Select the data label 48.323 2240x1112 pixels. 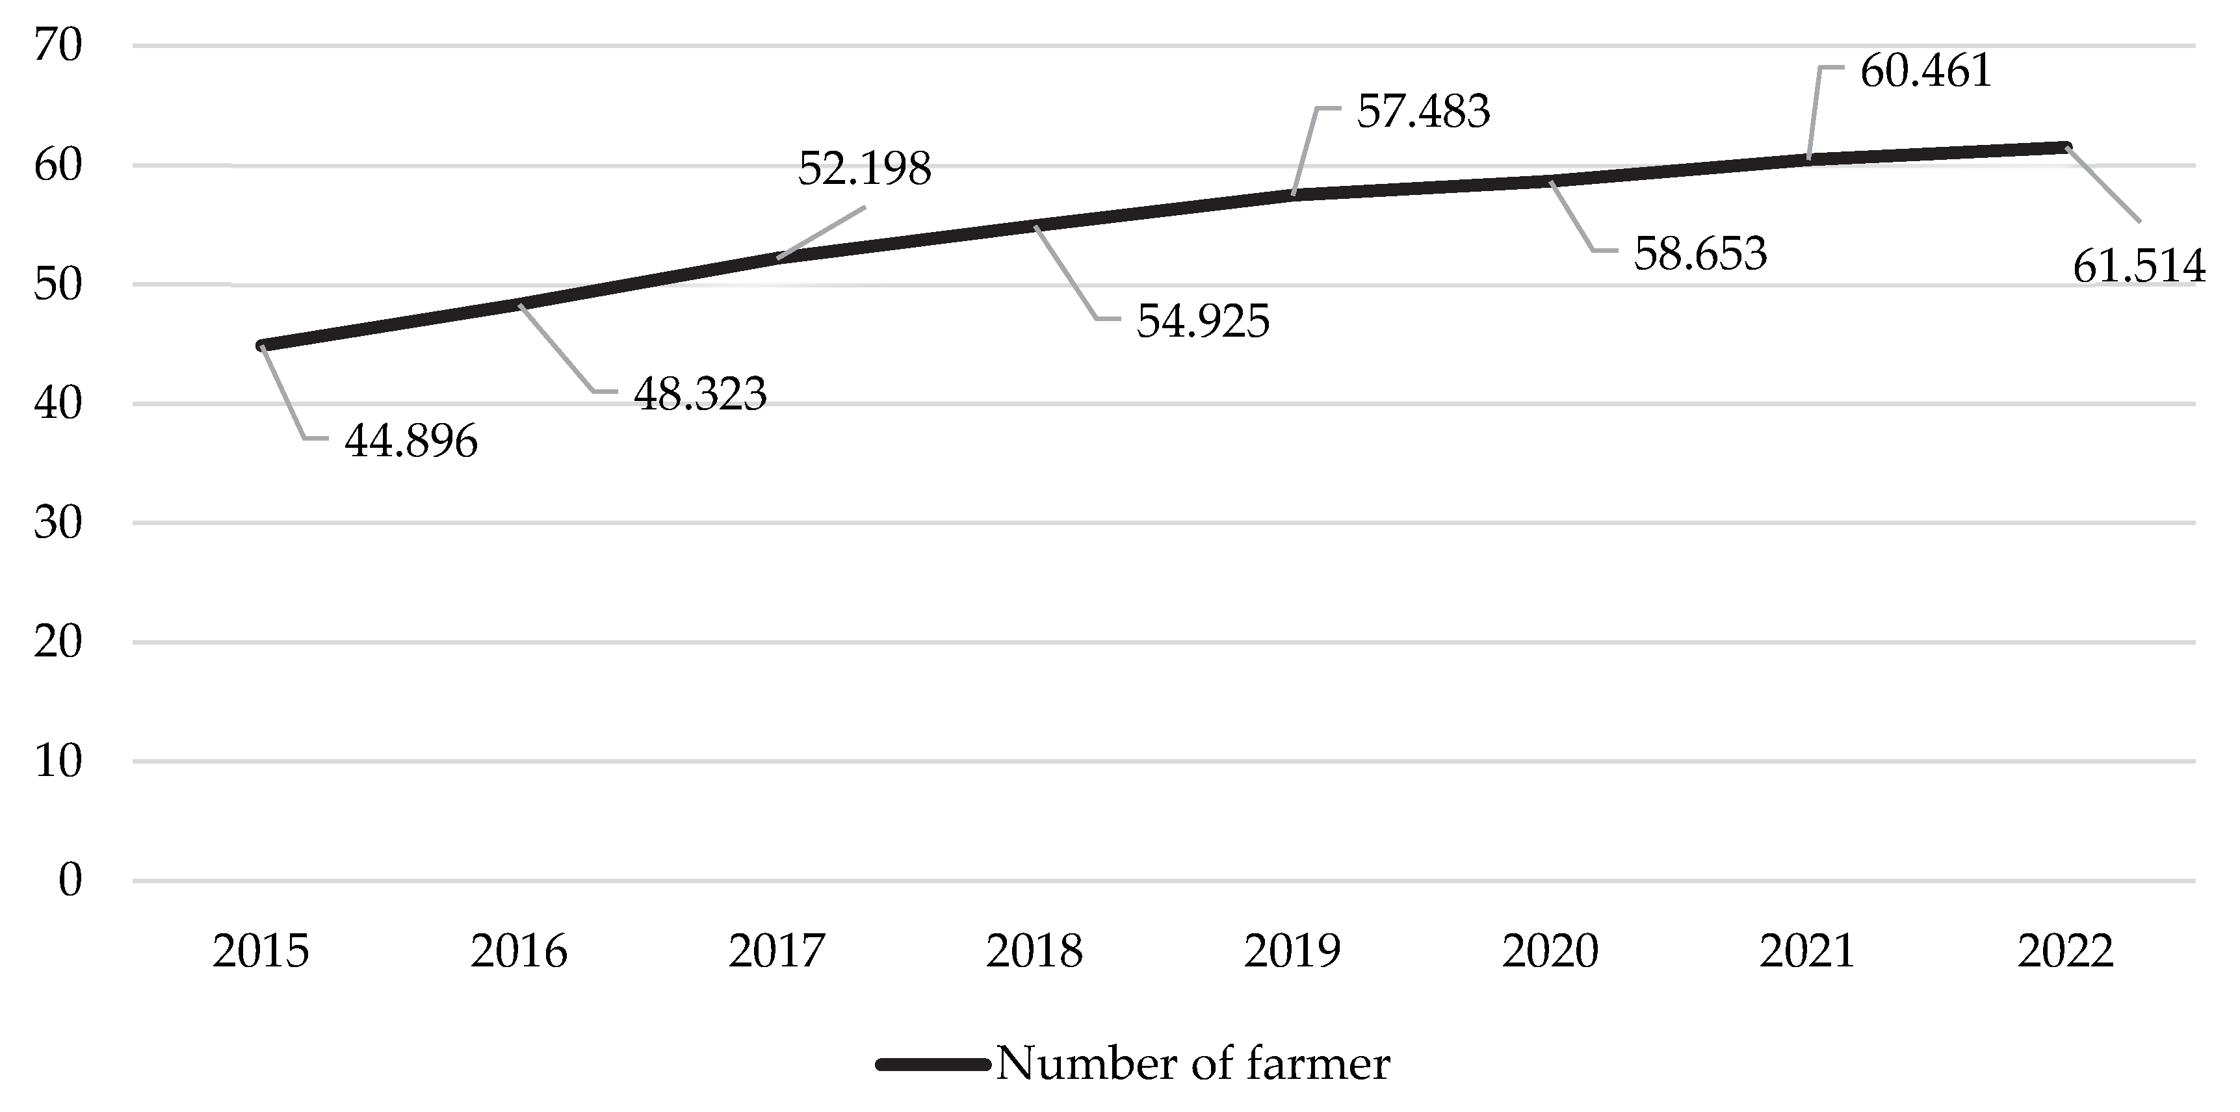[x=700, y=394]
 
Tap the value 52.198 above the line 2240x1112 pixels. [x=865, y=169]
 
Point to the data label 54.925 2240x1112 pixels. [x=1203, y=321]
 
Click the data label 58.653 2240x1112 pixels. [x=1700, y=253]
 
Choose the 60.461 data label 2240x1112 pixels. [x=1926, y=70]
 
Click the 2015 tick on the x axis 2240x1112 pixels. [x=261, y=951]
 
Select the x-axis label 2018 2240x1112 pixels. [x=1035, y=951]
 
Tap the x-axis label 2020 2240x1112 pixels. [x=1550, y=951]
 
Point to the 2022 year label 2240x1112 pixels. [x=2065, y=951]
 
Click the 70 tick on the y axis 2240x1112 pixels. [x=57, y=45]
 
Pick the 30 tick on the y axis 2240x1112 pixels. [x=57, y=523]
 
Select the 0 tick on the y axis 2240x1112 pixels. [x=70, y=880]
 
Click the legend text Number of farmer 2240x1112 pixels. [x=1192, y=1063]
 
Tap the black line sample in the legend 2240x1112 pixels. [x=933, y=1064]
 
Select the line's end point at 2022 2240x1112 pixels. [x=2065, y=147]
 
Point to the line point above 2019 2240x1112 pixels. [x=1293, y=195]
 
